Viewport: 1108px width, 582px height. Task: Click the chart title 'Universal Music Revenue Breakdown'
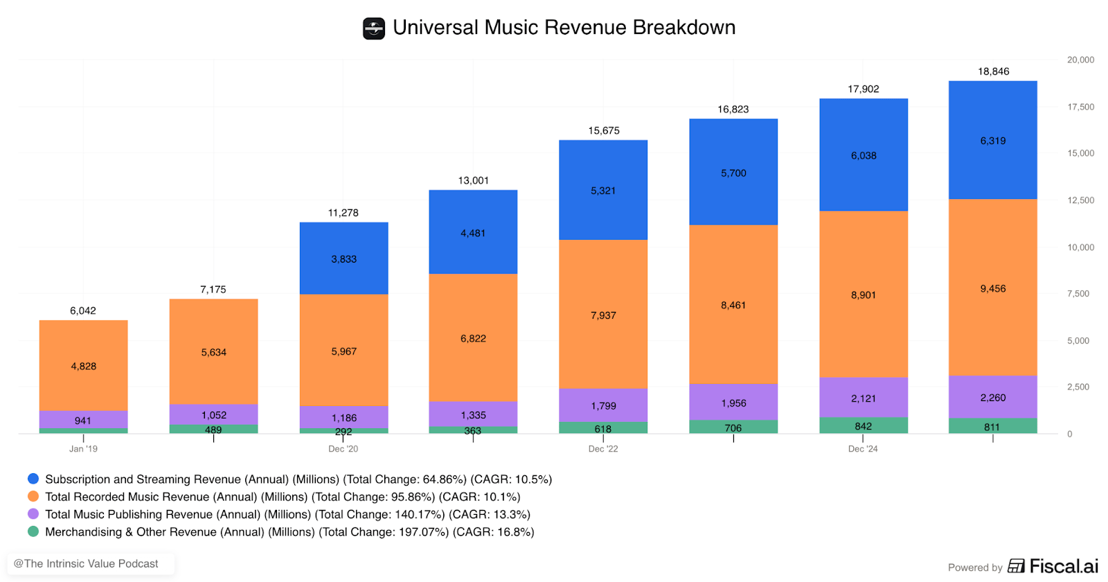(x=564, y=28)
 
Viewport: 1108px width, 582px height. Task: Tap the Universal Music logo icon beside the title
(x=374, y=28)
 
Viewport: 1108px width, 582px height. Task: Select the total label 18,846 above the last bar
(x=993, y=71)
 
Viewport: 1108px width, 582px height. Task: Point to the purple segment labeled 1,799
(x=603, y=405)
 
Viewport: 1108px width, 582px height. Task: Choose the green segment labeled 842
(x=863, y=425)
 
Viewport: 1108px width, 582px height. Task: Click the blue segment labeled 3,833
(x=343, y=258)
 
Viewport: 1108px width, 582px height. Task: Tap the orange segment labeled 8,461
(x=733, y=305)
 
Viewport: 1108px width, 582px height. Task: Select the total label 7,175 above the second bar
(x=213, y=290)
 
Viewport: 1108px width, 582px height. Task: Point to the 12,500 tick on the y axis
(x=1080, y=200)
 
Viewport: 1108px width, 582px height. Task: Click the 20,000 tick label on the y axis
(x=1080, y=60)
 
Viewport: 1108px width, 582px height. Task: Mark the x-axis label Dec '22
(x=603, y=449)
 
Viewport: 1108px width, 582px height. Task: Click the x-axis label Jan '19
(x=83, y=449)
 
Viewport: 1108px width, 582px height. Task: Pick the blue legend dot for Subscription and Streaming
(x=33, y=479)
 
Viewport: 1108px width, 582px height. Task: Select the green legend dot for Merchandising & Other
(x=33, y=531)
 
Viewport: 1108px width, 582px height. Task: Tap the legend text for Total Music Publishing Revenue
(x=287, y=514)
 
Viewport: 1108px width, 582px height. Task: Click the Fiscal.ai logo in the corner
(x=1053, y=566)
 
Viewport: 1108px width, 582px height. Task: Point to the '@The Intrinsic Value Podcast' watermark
(x=86, y=564)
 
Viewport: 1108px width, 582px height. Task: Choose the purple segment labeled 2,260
(x=992, y=397)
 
